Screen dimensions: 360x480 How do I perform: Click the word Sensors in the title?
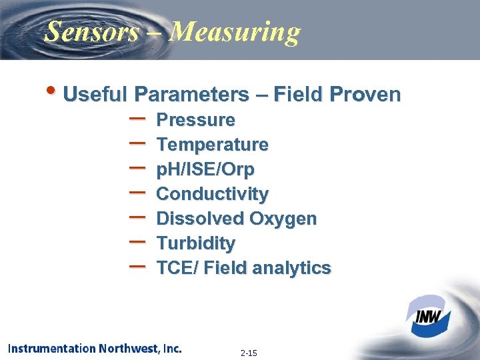coord(91,31)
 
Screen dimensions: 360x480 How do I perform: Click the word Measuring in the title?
coord(235,31)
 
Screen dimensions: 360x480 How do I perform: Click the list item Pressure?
coord(195,120)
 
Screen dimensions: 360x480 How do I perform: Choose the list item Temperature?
coord(212,145)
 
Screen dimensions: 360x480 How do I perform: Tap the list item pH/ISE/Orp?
coord(205,170)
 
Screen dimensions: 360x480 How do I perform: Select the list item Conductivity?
coord(212,195)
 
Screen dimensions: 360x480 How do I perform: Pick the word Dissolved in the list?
coord(199,219)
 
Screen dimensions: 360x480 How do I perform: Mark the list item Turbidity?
coord(195,243)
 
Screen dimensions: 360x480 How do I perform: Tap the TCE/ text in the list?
coord(176,268)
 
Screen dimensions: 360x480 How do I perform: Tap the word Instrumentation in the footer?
coord(52,348)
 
